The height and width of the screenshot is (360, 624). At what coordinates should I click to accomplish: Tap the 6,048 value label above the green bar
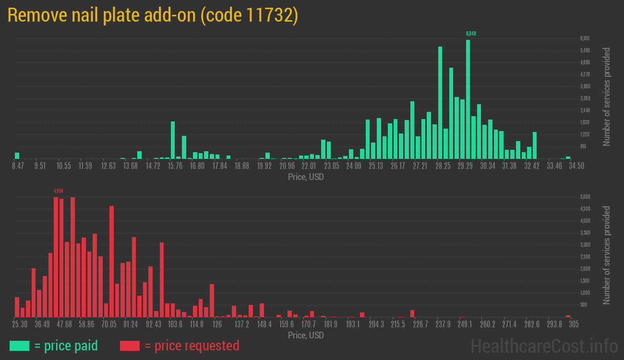click(471, 34)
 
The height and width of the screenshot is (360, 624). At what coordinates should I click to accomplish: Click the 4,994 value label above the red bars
click(59, 191)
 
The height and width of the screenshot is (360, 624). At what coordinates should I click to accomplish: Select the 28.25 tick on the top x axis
click(443, 166)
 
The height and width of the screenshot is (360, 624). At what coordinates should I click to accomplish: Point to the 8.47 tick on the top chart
click(18, 166)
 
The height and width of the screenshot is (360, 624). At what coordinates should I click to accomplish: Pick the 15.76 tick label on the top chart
click(176, 166)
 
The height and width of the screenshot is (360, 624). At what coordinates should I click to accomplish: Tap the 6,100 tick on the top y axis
click(585, 38)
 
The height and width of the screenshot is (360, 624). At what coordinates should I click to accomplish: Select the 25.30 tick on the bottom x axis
click(20, 324)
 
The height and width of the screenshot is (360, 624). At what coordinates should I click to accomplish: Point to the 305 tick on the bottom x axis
click(573, 324)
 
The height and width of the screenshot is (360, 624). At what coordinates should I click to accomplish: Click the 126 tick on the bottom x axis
click(217, 324)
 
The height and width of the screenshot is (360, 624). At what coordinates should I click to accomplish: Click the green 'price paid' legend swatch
click(19, 346)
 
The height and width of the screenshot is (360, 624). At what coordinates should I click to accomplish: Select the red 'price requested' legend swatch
click(130, 346)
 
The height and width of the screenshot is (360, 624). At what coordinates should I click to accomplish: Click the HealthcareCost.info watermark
click(544, 346)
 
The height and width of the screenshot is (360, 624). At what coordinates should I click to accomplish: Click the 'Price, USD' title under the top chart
click(306, 177)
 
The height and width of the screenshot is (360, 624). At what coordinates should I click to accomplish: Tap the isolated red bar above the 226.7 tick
click(412, 313)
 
